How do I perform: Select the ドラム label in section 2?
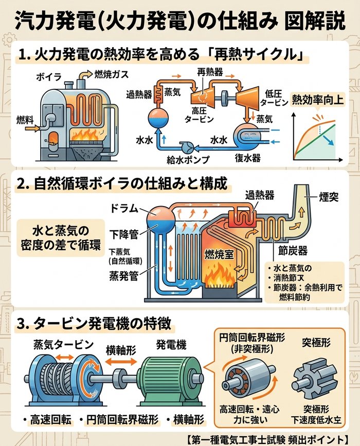click(x=124, y=209)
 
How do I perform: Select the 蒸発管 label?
click(x=123, y=277)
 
